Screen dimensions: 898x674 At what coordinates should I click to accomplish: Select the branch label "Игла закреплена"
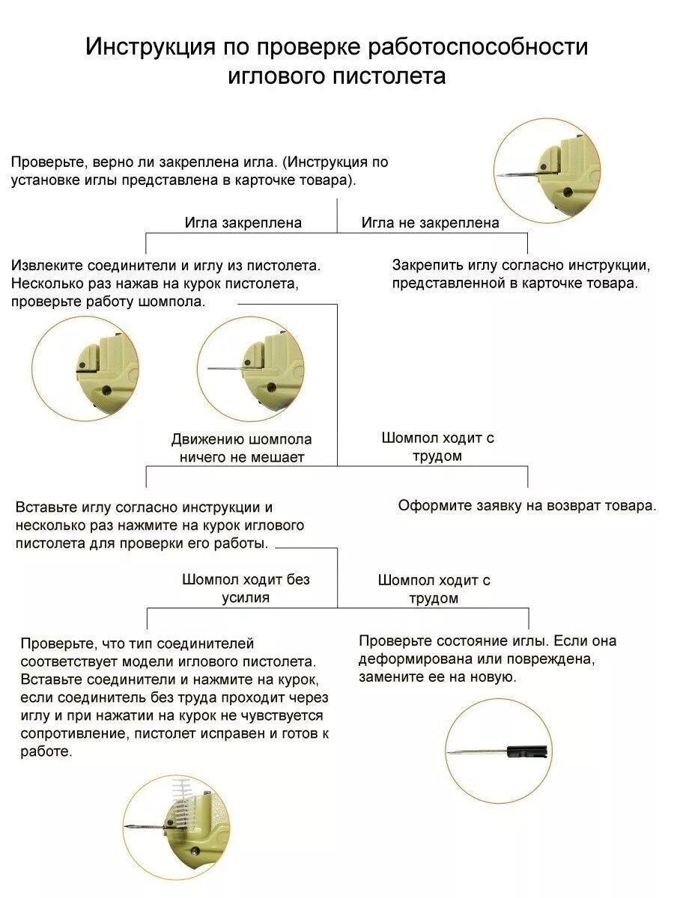[x=243, y=222]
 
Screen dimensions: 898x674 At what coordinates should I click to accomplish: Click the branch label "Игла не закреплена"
[x=430, y=222]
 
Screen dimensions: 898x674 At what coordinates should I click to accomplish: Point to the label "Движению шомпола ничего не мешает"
[x=241, y=448]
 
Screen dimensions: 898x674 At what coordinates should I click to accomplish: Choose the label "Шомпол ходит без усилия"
[x=246, y=588]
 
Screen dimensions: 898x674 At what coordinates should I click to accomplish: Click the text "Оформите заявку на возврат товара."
[x=526, y=505]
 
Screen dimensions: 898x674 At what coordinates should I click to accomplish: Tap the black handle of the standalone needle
[x=527, y=751]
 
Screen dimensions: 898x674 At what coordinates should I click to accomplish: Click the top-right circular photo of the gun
[x=547, y=170]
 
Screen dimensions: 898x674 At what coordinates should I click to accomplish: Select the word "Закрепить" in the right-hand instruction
[x=426, y=266]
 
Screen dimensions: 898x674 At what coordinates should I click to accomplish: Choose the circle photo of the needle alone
[x=499, y=751]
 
